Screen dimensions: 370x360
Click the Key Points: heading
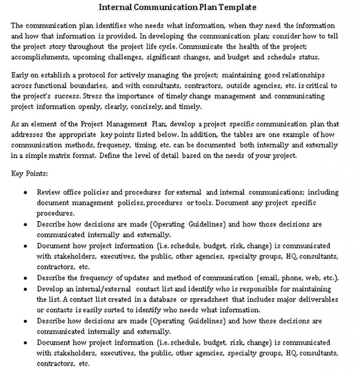29,173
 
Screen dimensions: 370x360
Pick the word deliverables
321,300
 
